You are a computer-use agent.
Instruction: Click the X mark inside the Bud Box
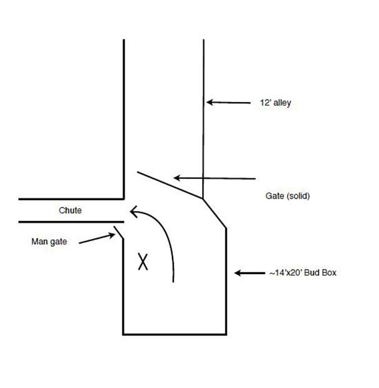(x=143, y=261)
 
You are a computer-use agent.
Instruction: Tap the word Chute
(x=70, y=210)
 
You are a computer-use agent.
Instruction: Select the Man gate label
(x=49, y=240)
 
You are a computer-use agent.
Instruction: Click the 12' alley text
(x=275, y=103)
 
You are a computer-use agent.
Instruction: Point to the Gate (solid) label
(x=288, y=196)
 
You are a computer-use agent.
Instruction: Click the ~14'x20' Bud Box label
(x=303, y=272)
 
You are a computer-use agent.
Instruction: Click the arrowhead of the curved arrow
(x=133, y=211)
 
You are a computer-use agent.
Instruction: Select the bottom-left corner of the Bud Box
(x=123, y=334)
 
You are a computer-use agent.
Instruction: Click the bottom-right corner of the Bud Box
(x=225, y=334)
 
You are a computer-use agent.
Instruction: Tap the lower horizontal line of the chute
(x=69, y=222)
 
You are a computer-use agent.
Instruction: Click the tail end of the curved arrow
(x=173, y=281)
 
